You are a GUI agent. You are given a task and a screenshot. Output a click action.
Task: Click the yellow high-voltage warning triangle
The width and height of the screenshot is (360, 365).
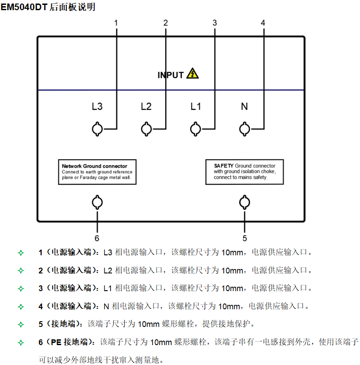(x=192, y=74)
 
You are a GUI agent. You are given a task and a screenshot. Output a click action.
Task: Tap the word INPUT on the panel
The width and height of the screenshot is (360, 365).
(x=170, y=75)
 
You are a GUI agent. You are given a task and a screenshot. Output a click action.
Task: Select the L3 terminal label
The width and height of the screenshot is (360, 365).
(x=97, y=107)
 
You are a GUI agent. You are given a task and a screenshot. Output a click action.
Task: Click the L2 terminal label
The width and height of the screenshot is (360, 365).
(x=146, y=107)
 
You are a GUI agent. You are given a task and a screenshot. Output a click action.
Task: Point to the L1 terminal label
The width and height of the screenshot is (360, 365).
(x=195, y=107)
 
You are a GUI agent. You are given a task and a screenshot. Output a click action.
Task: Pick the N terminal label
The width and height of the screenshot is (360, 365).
(x=244, y=107)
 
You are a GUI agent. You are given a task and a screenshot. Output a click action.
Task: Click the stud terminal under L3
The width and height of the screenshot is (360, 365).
(x=97, y=129)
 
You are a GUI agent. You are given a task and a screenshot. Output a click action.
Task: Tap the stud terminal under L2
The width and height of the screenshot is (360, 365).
(x=146, y=129)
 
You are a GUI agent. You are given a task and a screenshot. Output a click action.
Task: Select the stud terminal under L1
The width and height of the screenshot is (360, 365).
(x=195, y=129)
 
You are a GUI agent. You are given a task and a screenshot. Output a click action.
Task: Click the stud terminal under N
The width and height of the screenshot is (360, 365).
(x=244, y=129)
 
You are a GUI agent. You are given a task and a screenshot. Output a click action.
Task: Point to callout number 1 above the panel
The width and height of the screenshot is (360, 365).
(x=116, y=23)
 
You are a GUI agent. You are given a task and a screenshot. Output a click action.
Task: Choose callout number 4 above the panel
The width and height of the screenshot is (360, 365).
(x=263, y=23)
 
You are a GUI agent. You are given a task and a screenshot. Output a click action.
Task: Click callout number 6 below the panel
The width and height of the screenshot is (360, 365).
(x=97, y=228)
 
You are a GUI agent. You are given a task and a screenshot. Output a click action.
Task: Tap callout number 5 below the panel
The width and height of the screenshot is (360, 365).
(x=244, y=228)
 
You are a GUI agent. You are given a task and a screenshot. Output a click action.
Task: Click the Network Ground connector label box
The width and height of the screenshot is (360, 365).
(x=97, y=172)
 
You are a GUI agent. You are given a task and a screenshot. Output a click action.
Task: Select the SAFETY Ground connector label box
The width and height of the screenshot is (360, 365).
(x=245, y=172)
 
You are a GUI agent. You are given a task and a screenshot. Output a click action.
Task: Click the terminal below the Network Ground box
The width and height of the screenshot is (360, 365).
(x=97, y=203)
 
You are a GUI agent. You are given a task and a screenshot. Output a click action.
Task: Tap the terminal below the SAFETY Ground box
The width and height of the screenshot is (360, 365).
(x=244, y=203)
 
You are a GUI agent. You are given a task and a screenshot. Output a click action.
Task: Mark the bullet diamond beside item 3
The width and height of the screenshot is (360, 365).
(x=20, y=288)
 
